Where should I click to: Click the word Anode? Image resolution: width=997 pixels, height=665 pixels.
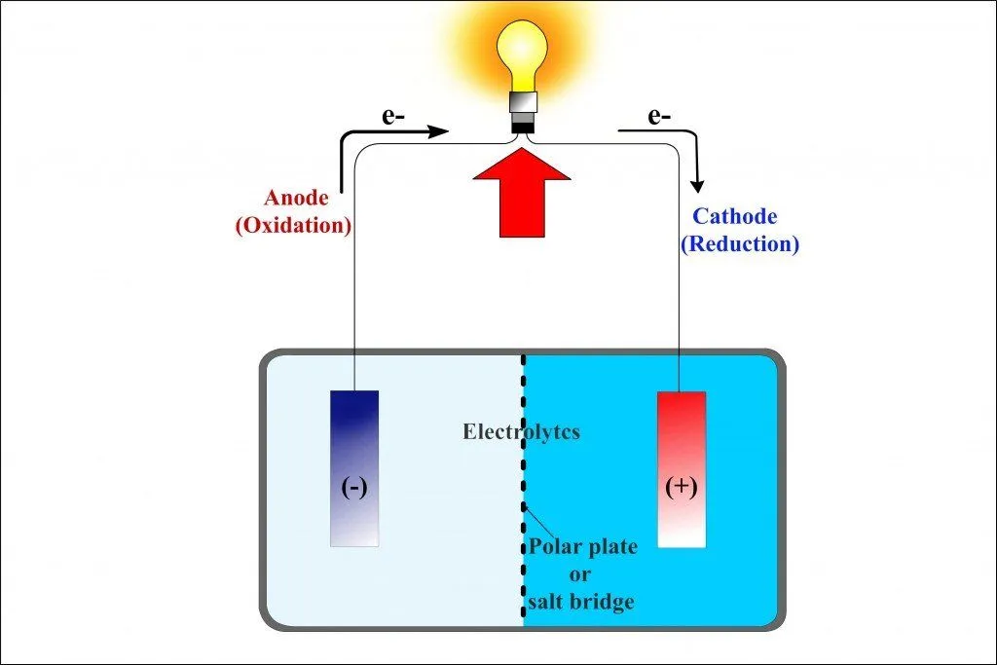pos(296,199)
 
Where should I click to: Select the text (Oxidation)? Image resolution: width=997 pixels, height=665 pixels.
pos(293,225)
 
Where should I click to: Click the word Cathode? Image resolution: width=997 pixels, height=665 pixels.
pos(734,217)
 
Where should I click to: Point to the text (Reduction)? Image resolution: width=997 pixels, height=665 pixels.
pos(739,243)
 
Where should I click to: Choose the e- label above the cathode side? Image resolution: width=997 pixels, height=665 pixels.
pos(659,118)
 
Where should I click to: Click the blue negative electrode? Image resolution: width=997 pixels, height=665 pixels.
pos(354,467)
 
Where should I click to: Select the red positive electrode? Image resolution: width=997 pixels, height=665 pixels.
pos(681,468)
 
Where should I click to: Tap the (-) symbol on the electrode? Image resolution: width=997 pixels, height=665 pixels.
pos(354,487)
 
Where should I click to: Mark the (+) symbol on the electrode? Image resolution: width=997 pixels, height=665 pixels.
pos(681,487)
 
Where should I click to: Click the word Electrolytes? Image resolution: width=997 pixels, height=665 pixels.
pos(521,431)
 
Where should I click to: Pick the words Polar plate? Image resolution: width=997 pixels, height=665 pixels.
pos(583,546)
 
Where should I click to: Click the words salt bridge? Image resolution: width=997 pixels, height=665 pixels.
pos(581,602)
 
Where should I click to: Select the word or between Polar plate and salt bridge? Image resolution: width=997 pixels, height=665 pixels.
pos(581,574)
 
